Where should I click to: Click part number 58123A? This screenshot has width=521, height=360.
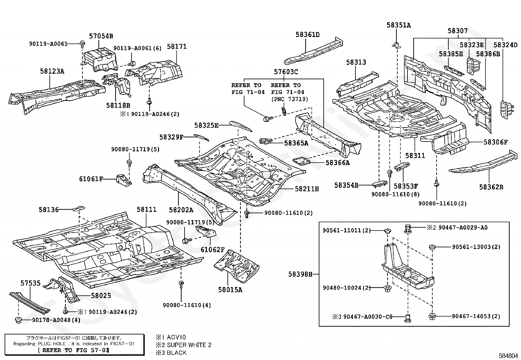pos(52,71)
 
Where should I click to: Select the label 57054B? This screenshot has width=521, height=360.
pos(101,36)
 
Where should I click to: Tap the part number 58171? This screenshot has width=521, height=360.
pos(177,47)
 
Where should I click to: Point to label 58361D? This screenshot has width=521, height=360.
pos(307,35)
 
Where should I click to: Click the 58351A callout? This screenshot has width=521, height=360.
pos(398,25)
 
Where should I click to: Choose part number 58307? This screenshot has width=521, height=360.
pos(458,31)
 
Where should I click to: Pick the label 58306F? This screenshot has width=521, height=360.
pos(496,142)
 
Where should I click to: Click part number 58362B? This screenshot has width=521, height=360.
pos(491,187)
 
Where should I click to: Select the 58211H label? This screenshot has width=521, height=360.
pos(307,189)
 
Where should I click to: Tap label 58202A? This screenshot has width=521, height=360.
pos(181,210)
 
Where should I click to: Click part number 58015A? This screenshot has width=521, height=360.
pos(230,290)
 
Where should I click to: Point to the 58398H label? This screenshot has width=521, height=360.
pos(300,274)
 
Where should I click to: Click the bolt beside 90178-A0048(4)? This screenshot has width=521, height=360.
pos(18,320)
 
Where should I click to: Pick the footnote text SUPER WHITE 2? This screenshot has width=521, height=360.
pos(189,345)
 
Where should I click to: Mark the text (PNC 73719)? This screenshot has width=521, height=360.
pos(289,99)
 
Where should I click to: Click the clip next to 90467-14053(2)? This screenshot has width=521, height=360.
pos(432,316)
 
